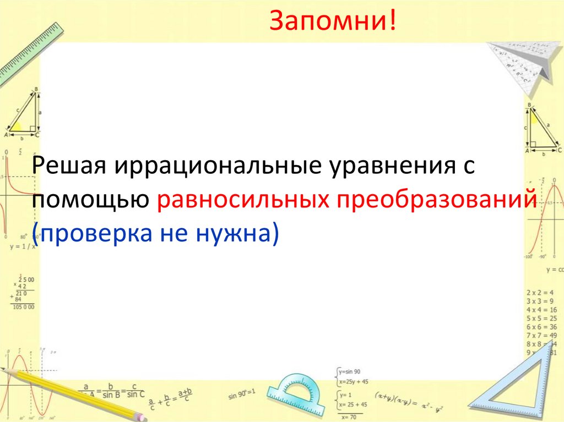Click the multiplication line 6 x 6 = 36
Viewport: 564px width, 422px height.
(541, 327)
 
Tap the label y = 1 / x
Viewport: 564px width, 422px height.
(23, 246)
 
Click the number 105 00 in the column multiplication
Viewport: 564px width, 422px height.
(23, 306)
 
